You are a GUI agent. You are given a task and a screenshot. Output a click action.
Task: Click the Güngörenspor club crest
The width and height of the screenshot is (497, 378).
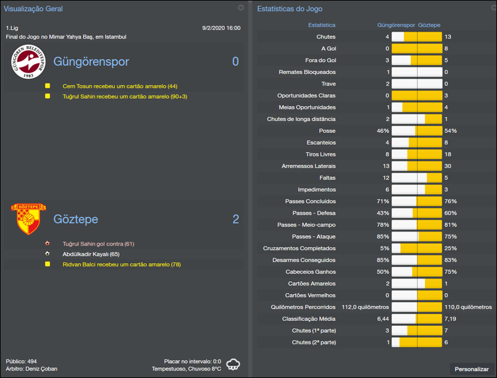[27, 63]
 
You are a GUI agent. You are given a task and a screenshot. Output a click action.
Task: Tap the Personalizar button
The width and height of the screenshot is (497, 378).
[472, 369]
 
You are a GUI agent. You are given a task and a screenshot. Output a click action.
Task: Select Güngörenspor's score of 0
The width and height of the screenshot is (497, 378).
[235, 61]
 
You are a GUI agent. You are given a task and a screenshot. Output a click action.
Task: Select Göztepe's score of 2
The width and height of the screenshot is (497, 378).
[235, 219]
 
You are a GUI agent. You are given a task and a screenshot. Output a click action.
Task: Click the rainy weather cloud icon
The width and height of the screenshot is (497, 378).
[234, 364]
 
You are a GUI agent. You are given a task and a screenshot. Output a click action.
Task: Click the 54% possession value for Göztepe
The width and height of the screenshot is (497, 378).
[450, 131]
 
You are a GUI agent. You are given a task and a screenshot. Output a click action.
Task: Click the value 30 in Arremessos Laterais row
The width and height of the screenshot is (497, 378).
[448, 166]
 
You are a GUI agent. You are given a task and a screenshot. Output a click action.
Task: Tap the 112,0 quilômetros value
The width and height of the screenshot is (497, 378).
[365, 307]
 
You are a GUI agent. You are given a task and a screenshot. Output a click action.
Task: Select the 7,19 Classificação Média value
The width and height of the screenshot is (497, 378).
[450, 319]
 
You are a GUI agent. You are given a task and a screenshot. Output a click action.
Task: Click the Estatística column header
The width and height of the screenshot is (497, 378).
[322, 25]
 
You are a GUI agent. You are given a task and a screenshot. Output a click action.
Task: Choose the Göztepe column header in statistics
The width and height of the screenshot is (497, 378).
[429, 25]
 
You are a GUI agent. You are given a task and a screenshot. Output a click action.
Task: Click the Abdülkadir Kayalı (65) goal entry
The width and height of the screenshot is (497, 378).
[90, 254]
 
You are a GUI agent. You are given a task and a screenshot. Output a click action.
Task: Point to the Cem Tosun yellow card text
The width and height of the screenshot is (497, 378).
[120, 86]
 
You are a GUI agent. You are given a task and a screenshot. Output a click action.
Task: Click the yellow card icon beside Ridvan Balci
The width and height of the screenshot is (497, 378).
[47, 264]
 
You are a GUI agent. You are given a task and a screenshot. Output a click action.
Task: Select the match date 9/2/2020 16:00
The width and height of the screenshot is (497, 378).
[221, 28]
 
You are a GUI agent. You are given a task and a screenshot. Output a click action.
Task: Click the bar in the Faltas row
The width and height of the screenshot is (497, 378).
[417, 178]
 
